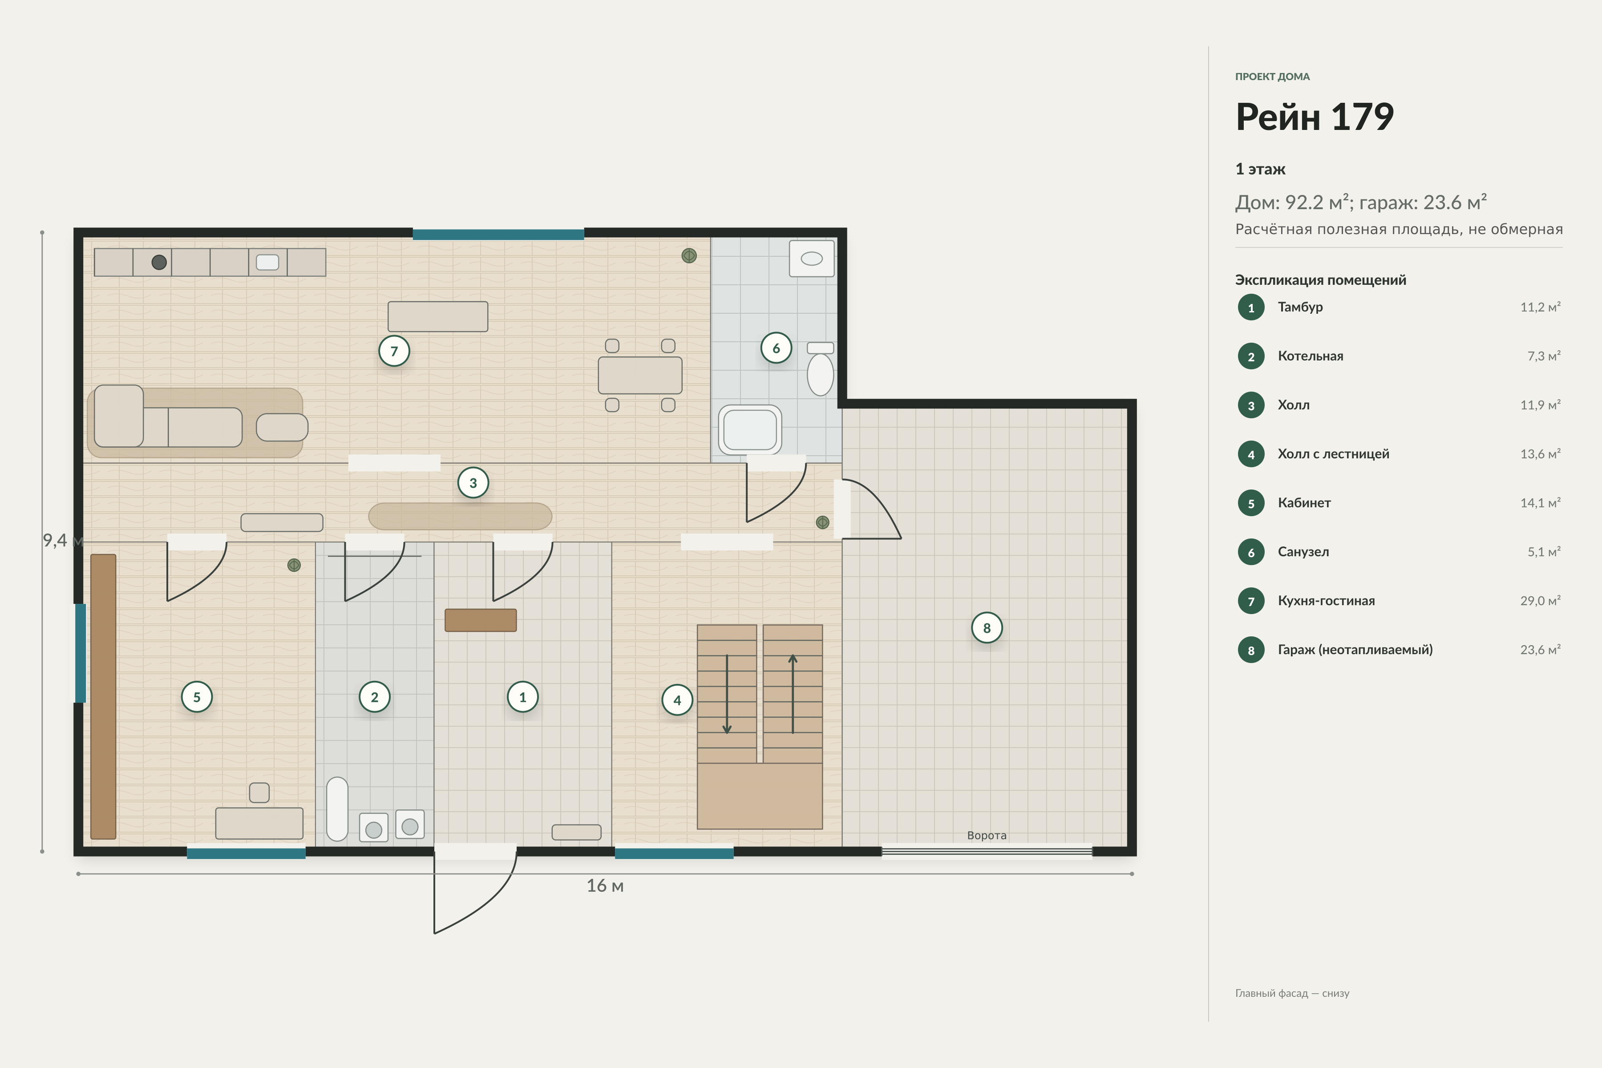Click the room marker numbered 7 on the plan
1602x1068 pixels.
point(394,351)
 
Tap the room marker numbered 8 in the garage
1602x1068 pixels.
point(986,627)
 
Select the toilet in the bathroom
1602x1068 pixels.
point(820,368)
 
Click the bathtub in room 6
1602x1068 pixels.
point(750,429)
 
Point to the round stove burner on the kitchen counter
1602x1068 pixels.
point(159,262)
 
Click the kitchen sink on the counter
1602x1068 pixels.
point(267,262)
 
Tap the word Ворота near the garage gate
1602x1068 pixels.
point(986,835)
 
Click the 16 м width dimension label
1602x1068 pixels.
point(605,886)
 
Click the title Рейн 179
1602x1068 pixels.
point(1315,117)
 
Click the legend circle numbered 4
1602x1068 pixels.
point(1250,454)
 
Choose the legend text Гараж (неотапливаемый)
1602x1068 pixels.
point(1355,650)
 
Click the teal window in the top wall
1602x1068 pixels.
point(498,235)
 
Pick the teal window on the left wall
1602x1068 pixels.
point(81,652)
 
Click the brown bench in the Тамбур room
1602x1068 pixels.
point(480,620)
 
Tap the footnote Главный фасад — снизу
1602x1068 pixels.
point(1292,993)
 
